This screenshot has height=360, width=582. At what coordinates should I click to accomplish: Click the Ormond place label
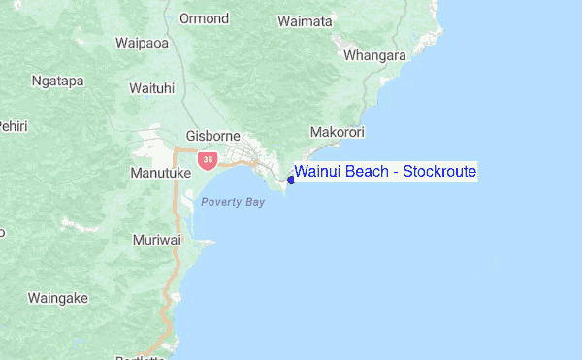click(x=205, y=18)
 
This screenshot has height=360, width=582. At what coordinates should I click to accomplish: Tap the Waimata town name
click(x=305, y=20)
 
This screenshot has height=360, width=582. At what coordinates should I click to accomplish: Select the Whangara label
click(x=375, y=55)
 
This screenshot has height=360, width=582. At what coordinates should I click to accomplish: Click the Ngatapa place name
click(x=57, y=81)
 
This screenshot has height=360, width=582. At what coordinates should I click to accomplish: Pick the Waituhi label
click(x=151, y=88)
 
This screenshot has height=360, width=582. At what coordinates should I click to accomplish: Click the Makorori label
click(x=336, y=131)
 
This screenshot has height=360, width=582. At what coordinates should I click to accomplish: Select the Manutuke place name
click(x=156, y=173)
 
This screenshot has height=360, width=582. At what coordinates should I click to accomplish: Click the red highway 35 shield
click(x=207, y=159)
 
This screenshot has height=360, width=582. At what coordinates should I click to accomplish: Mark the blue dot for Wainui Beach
click(x=291, y=180)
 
